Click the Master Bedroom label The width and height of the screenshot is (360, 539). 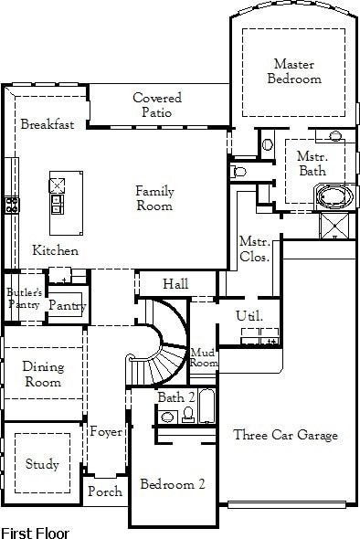pyautogui.click(x=294, y=71)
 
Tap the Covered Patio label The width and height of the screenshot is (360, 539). pyautogui.click(x=157, y=105)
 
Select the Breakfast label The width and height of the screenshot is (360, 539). pyautogui.click(x=48, y=124)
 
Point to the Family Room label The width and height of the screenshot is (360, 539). pyautogui.click(x=154, y=198)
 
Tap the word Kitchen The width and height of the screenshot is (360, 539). pyautogui.click(x=55, y=250)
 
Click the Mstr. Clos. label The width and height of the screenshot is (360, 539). pyautogui.click(x=254, y=249)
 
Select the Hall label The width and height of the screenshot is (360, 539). pyautogui.click(x=175, y=285)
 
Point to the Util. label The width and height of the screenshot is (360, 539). pyautogui.click(x=249, y=316)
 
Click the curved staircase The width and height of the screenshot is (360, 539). pyautogui.click(x=160, y=347)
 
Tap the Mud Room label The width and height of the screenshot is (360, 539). pyautogui.click(x=203, y=357)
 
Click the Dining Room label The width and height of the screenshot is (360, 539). pyautogui.click(x=42, y=375)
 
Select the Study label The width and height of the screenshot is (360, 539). pyautogui.click(x=42, y=464)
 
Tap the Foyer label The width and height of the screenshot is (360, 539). pyautogui.click(x=106, y=432)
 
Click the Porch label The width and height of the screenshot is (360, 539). pyautogui.click(x=105, y=491)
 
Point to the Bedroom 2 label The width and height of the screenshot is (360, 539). pyautogui.click(x=173, y=484)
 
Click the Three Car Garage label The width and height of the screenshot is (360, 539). pyautogui.click(x=285, y=435)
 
